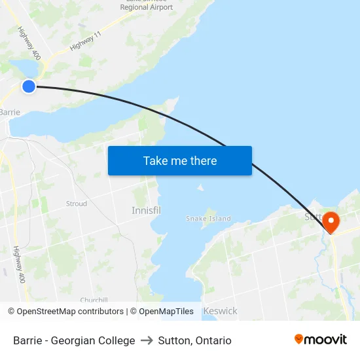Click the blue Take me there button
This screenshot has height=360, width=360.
tap(179, 160)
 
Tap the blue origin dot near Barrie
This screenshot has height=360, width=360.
tap(29, 86)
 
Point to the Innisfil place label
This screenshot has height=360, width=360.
tap(146, 211)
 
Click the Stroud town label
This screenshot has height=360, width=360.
tap(76, 204)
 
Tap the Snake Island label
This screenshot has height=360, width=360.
tap(208, 219)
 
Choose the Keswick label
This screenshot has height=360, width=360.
tap(220, 311)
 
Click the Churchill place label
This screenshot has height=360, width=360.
tap(94, 300)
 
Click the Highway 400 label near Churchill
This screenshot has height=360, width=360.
tap(18, 264)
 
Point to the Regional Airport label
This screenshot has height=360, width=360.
tap(147, 7)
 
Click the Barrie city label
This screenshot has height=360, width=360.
tap(10, 112)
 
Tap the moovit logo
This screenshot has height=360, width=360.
tap(320, 339)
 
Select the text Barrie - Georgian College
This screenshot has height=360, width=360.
tap(74, 340)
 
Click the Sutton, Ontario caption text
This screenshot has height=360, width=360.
tap(194, 340)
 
